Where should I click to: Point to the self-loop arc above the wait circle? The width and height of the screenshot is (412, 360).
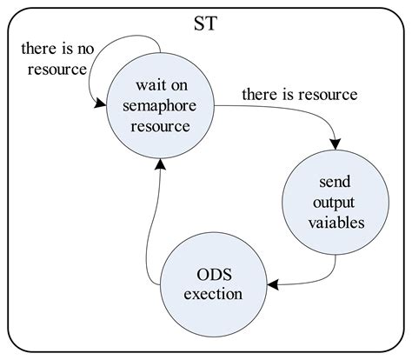(x=122, y=43)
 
